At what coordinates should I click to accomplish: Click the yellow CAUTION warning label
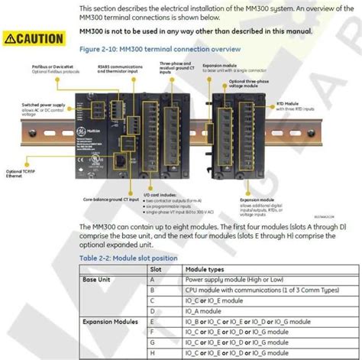[x=34, y=37]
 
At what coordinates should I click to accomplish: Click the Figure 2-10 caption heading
[x=160, y=49]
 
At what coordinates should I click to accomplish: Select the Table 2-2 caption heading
[x=129, y=258]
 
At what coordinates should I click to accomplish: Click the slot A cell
[x=154, y=280]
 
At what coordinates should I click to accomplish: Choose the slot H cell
[x=154, y=355]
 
